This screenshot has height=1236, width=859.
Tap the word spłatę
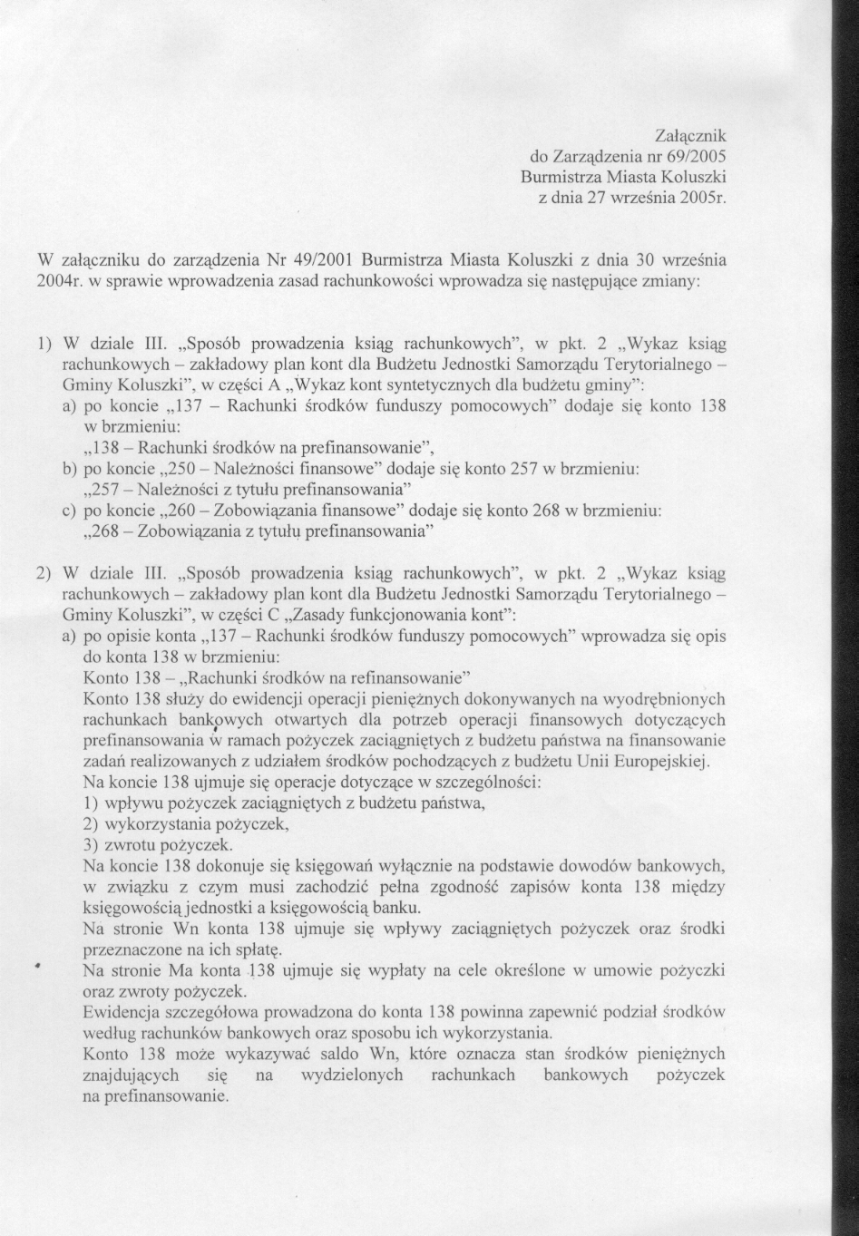[x=259, y=949]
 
